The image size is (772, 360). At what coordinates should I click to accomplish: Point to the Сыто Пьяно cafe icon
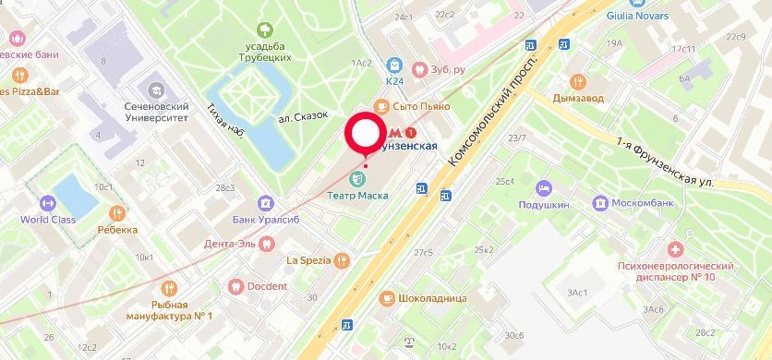tap(382, 106)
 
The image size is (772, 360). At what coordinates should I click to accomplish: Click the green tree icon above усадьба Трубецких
tap(266, 30)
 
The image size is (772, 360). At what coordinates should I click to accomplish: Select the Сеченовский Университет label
tap(156, 112)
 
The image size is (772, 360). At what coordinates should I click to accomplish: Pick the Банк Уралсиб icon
tap(265, 202)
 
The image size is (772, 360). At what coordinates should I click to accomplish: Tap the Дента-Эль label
tap(230, 245)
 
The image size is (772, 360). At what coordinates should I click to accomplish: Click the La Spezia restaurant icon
tap(343, 260)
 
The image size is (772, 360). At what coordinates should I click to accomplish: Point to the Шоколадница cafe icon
tap(386, 297)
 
